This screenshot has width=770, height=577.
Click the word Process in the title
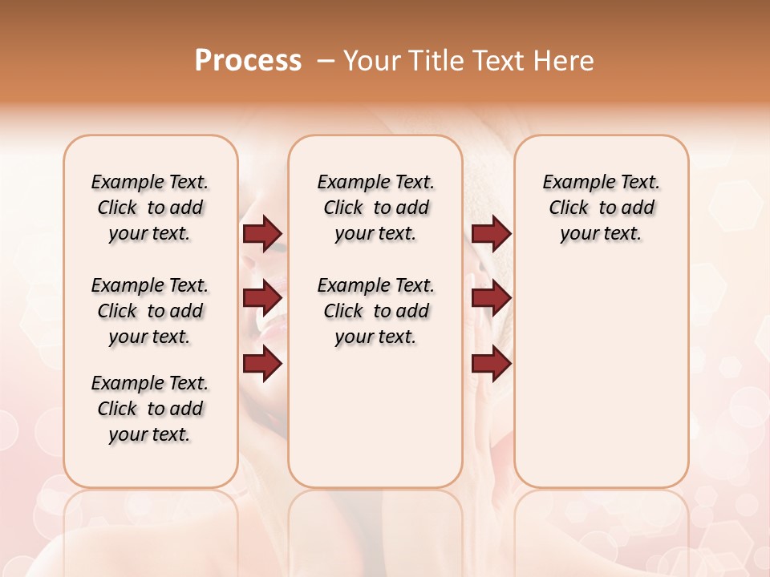(248, 61)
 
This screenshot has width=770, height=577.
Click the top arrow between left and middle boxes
(262, 234)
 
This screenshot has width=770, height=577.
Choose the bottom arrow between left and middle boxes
(262, 364)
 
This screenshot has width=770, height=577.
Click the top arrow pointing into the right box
(491, 234)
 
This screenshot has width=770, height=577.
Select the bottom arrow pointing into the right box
(491, 364)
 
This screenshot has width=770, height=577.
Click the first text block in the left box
(150, 208)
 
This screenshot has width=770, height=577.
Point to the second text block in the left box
(150, 311)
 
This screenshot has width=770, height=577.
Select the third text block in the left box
(150, 409)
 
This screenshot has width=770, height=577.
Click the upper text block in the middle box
(375, 208)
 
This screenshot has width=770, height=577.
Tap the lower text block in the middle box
(375, 311)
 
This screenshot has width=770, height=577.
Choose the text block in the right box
(601, 208)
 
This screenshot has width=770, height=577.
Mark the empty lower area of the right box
(601, 377)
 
